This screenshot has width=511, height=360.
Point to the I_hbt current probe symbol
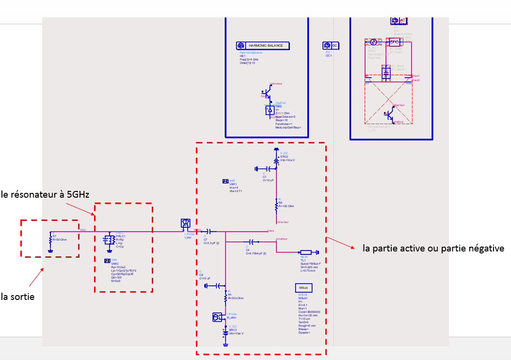(x=185, y=223)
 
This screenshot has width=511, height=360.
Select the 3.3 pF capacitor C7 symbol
(x=209, y=231)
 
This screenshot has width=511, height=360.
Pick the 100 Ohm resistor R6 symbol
(x=276, y=206)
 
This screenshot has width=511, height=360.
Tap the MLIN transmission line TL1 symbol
(x=305, y=252)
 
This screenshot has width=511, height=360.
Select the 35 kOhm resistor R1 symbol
(x=225, y=296)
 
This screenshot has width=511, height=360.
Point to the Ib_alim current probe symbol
(x=217, y=317)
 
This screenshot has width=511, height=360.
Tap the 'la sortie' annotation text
(x=18, y=297)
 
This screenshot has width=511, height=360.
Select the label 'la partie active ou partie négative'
(x=433, y=249)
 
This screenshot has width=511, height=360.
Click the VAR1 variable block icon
(x=225, y=181)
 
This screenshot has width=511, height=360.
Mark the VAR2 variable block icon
(x=107, y=260)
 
